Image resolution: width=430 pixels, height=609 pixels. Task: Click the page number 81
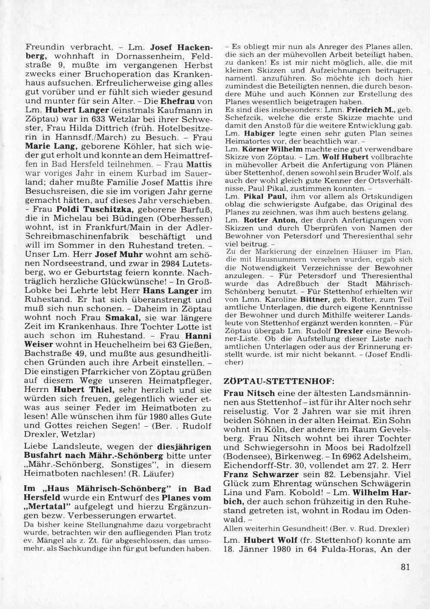(x=405, y=566)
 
